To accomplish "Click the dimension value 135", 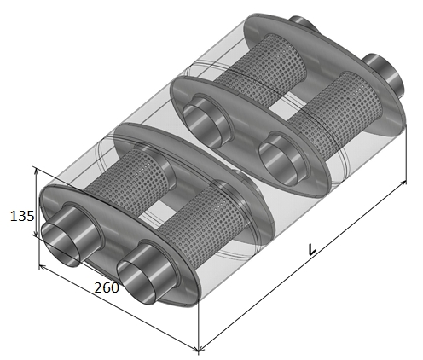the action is [x=22, y=216].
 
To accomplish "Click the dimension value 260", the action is [x=107, y=287].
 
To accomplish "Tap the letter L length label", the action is [x=312, y=249].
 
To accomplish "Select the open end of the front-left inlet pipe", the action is [x=60, y=245].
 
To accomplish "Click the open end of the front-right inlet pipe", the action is [x=137, y=282].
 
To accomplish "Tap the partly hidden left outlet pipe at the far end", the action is [x=304, y=23].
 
